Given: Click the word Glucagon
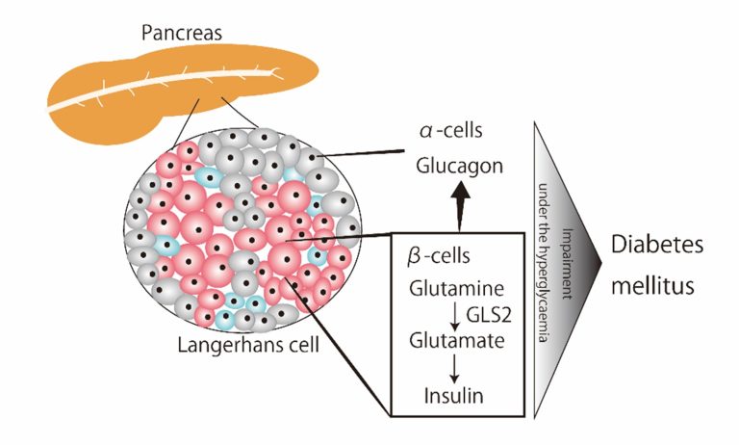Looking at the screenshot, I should [460, 167].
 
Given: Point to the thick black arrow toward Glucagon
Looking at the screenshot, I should [460, 205].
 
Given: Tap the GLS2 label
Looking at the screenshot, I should [488, 314].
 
